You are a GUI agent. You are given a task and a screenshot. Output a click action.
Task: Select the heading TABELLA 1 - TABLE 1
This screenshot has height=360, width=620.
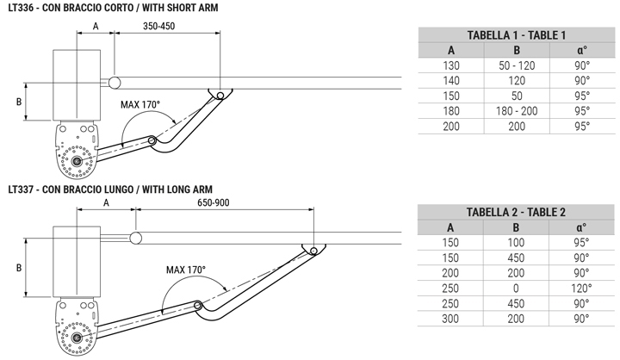(516, 35)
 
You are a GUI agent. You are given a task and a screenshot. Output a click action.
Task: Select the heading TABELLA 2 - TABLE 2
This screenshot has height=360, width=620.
(516, 212)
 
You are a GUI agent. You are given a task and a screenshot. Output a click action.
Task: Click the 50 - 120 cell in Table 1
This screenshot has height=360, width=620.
(517, 65)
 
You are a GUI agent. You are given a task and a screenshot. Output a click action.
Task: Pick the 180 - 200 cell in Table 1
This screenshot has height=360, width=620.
(517, 111)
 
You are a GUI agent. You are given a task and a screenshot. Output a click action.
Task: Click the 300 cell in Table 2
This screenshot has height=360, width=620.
(450, 319)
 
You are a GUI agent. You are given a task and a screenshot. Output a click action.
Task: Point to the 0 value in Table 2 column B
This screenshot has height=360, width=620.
(517, 288)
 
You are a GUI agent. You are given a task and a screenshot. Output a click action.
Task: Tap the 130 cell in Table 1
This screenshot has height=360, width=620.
(450, 65)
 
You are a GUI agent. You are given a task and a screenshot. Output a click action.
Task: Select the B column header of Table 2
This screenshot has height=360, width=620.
(517, 227)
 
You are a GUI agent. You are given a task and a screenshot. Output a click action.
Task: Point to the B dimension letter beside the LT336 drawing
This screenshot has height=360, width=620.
(18, 102)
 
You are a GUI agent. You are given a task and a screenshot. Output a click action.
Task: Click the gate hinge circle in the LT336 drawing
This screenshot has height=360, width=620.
(115, 83)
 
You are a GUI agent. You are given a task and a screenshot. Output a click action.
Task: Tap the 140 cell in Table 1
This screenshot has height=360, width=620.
(450, 80)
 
